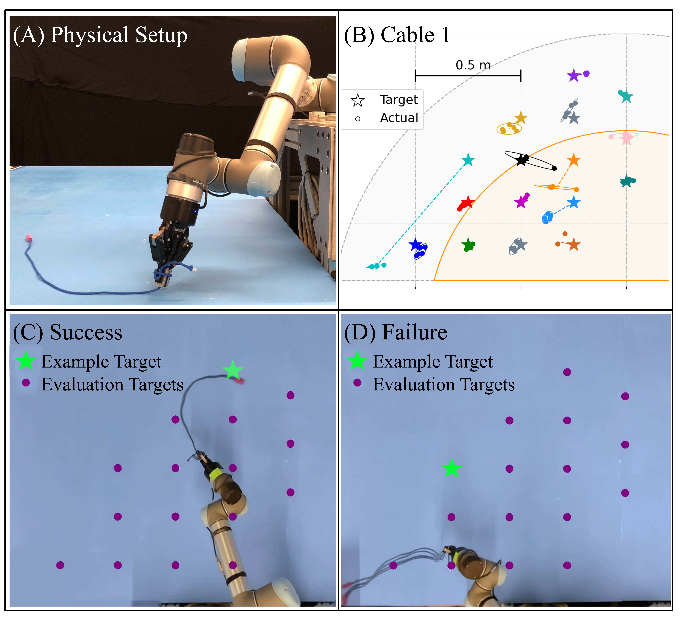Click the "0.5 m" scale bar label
(473, 65)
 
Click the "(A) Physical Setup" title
(100, 35)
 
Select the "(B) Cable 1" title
(397, 35)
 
